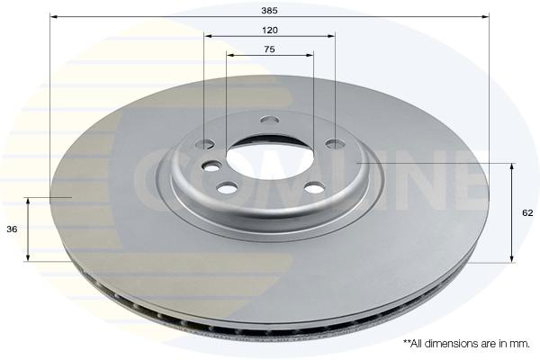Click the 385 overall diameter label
tap(269, 11)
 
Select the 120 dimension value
tap(270, 31)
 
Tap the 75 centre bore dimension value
tap(269, 49)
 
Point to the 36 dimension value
tap(12, 229)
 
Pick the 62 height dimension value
tap(527, 213)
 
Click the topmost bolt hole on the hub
tap(270, 120)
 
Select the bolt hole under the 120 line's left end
tap(205, 144)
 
